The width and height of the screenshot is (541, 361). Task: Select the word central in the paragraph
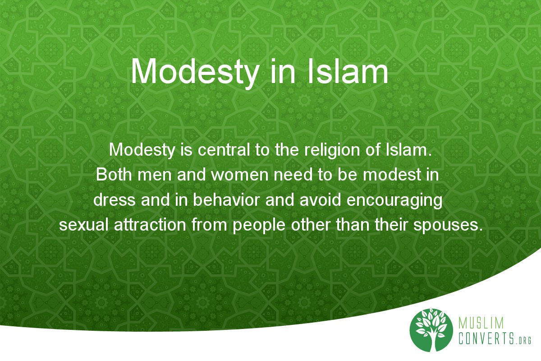pos(224,150)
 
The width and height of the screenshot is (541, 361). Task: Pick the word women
pos(239,174)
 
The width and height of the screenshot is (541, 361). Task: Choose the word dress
pos(115,200)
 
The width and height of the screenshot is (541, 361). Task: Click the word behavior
pos(226,200)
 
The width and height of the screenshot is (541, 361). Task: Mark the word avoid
pos(320,200)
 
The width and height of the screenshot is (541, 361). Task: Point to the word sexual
pos(83,225)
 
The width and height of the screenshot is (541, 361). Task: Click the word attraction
pos(150,225)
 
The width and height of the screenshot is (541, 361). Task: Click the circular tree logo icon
pos(431,330)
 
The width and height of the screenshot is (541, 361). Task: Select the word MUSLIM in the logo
pos(481,323)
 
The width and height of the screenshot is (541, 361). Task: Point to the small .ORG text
pos(523,340)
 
